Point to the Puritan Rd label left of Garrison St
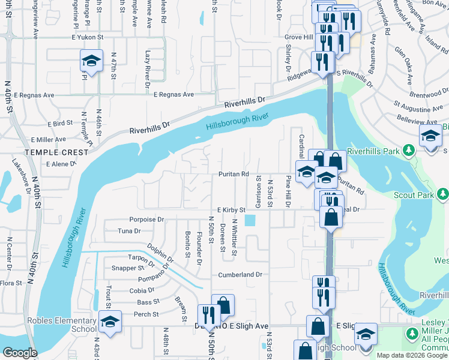point(233,174)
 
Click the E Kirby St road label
point(231,210)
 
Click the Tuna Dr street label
point(129,230)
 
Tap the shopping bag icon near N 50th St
point(223,305)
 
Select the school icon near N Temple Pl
point(91,60)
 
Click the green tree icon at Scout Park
point(443,194)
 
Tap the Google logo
point(20,353)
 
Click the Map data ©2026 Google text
point(412,355)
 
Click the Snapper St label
point(119,268)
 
